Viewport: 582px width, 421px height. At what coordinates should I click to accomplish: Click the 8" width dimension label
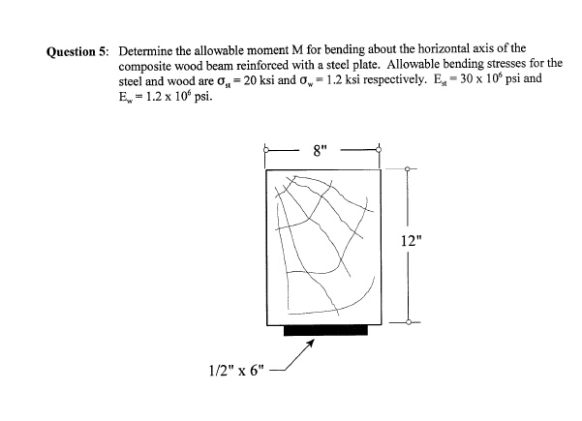pos(322,150)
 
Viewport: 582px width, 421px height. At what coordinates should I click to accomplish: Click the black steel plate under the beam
pos(325,329)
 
